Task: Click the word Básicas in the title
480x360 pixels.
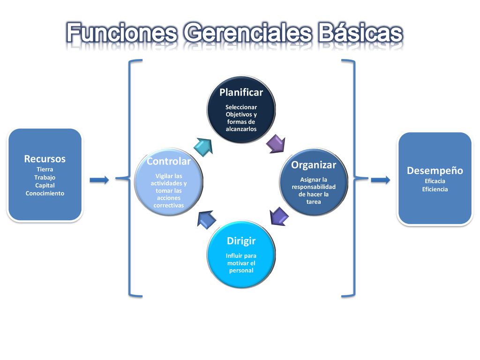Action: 360,33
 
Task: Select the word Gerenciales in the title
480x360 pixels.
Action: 247,33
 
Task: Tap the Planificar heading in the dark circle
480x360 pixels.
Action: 241,92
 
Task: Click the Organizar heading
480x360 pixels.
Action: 314,165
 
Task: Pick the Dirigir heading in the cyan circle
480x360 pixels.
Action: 241,241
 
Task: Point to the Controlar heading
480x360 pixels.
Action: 169,161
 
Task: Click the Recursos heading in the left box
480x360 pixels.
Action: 45,159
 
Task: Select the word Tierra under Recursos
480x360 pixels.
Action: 45,169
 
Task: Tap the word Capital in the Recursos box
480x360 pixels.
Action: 45,186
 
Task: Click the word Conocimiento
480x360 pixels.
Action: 45,194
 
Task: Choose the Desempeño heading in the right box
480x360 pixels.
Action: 435,171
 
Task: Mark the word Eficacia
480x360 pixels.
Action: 435,181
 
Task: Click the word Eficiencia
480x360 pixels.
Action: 435,189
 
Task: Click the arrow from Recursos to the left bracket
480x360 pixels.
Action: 99,180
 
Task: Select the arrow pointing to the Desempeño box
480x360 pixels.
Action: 381,180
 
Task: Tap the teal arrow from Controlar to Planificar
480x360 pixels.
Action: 203,147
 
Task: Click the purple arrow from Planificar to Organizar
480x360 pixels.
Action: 276,143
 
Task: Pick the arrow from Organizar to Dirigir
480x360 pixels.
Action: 279,216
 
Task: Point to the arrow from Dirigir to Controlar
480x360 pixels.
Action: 206,219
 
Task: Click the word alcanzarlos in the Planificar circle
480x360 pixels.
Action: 241,129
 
